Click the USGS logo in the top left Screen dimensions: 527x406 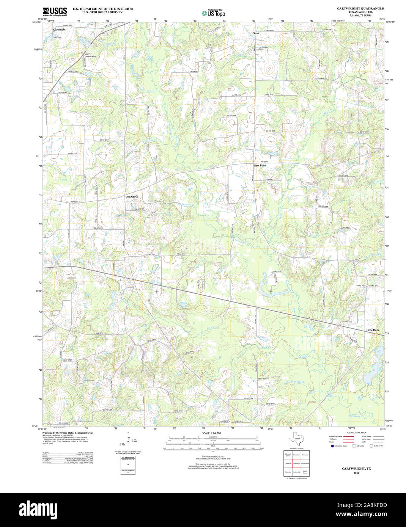click(55, 11)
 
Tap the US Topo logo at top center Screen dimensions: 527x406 click(213, 13)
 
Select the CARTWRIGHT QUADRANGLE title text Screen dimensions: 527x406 click(360, 8)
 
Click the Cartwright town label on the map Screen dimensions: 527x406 click(59, 30)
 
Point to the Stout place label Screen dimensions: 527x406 click(256, 33)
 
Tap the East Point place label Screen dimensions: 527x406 click(260, 166)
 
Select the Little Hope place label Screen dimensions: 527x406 click(373, 330)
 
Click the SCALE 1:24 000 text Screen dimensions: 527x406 click(211, 433)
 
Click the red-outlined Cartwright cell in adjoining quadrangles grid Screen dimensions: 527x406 click(296, 463)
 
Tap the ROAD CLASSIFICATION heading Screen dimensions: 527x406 click(356, 433)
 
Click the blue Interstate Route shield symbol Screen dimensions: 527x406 click(332, 446)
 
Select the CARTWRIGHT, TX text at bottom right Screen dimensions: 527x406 click(356, 469)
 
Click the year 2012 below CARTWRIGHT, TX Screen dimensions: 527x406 click(356, 473)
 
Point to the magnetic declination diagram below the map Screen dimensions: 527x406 click(128, 442)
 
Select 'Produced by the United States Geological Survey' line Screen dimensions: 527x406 click(68, 433)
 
